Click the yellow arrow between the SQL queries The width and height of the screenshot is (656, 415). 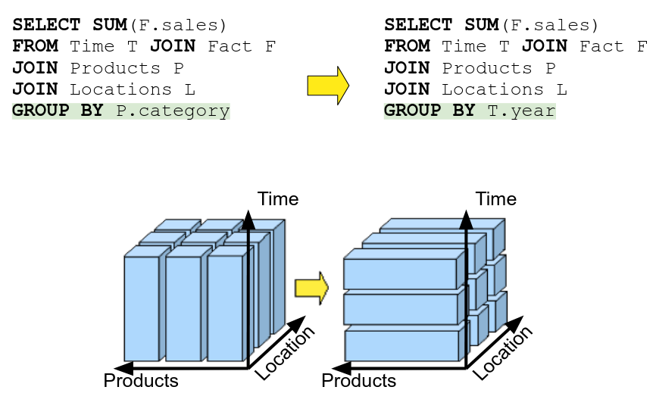tap(327, 85)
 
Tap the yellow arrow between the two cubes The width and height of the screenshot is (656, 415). tap(311, 288)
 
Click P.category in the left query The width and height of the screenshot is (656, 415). tap(173, 111)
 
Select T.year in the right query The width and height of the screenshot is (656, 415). tap(521, 111)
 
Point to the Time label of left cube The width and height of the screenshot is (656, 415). tap(278, 199)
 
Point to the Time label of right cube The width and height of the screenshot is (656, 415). tap(496, 199)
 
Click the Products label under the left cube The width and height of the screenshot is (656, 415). tap(141, 381)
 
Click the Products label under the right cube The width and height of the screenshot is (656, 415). tap(359, 381)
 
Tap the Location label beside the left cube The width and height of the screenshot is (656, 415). tap(285, 354)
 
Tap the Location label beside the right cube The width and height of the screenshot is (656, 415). tap(503, 354)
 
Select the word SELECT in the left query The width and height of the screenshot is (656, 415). tap(45, 25)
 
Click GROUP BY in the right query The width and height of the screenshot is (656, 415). tap(430, 111)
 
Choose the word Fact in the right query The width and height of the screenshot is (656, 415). tap(602, 46)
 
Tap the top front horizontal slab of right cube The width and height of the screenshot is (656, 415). tap(401, 273)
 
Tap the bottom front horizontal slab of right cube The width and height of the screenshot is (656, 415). tap(401, 345)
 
